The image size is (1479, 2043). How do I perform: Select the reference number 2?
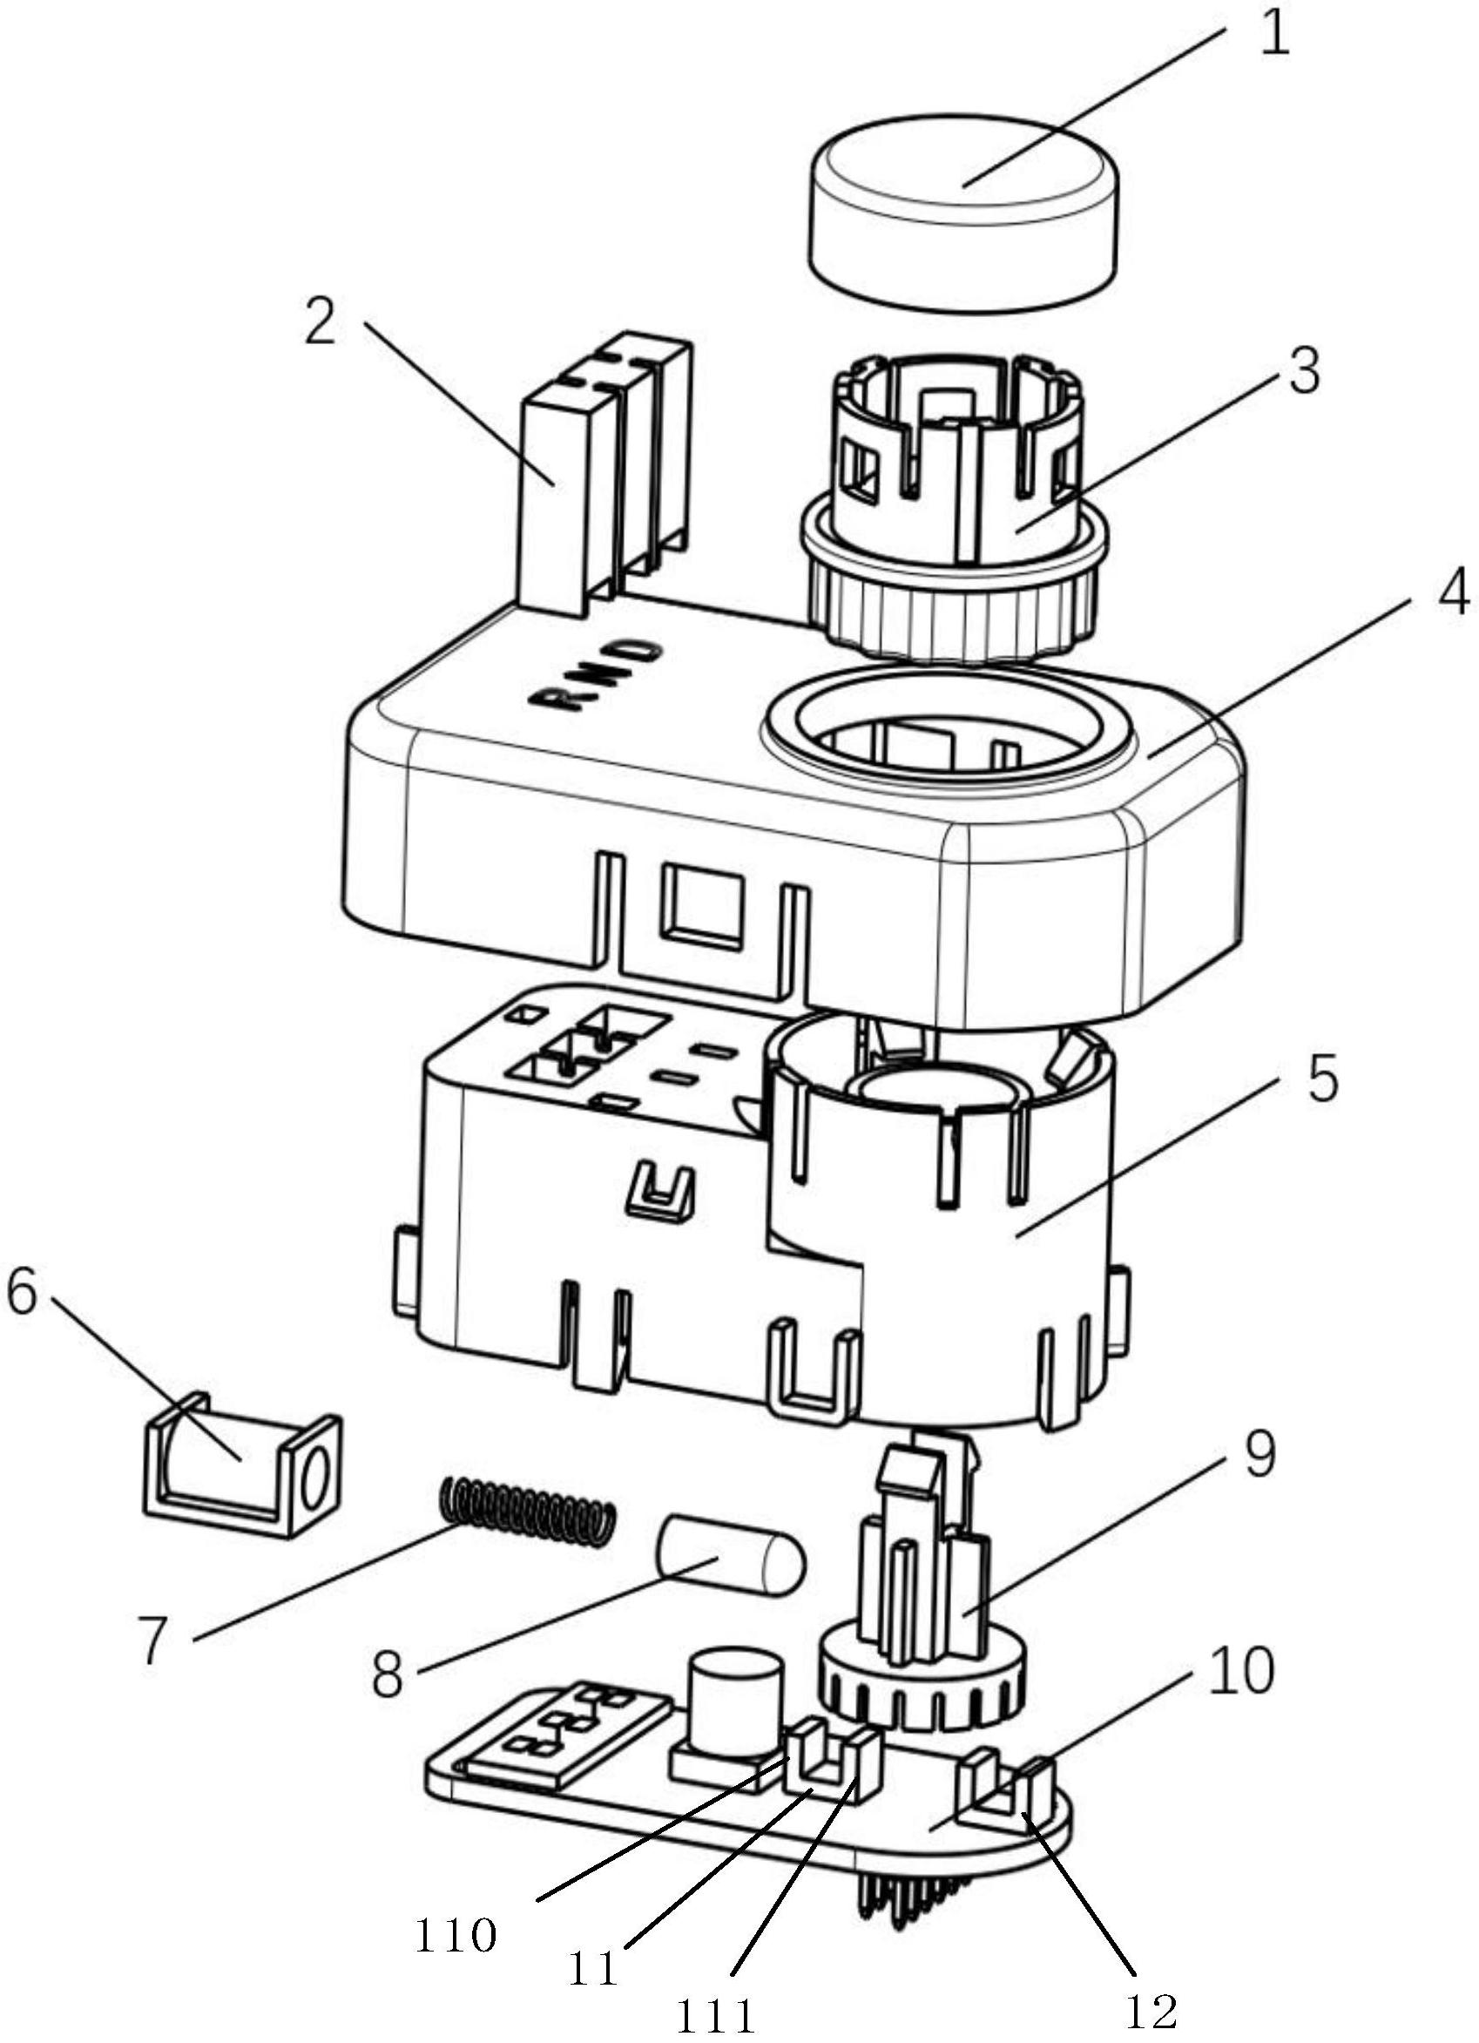[x=321, y=323]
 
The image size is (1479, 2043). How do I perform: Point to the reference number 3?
[x=1303, y=371]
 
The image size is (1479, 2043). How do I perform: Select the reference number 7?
[x=153, y=1640]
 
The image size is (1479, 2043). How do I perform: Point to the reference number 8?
[x=388, y=1676]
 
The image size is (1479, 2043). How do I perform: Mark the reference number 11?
[x=592, y=1964]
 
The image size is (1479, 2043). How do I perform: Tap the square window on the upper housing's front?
[x=703, y=903]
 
